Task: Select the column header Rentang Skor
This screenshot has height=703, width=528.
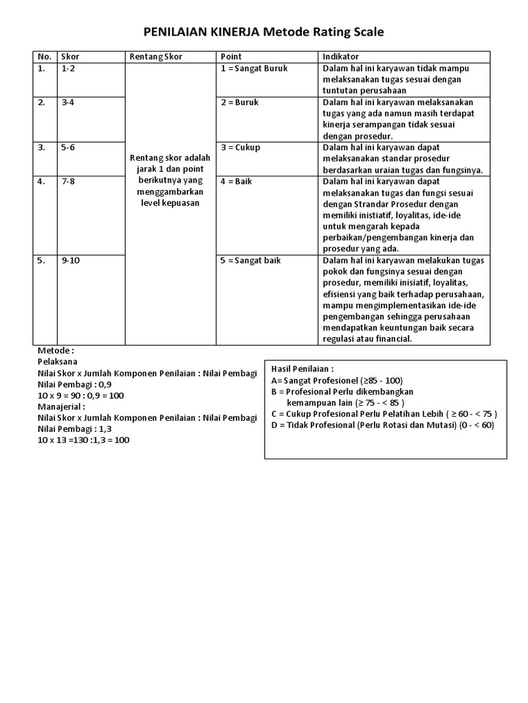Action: [156, 56]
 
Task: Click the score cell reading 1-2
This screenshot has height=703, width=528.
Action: [68, 69]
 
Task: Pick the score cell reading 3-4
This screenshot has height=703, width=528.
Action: [68, 102]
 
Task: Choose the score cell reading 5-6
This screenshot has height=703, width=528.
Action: [68, 148]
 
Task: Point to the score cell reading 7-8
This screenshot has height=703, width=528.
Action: [68, 181]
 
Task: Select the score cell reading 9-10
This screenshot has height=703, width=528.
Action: [71, 260]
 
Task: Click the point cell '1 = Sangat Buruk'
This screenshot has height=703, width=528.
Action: [254, 69]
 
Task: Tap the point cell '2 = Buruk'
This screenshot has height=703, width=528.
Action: [239, 102]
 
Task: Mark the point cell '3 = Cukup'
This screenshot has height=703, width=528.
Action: [240, 148]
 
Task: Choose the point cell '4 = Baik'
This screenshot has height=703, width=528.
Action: [236, 181]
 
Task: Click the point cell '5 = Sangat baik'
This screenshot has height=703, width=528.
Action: [250, 260]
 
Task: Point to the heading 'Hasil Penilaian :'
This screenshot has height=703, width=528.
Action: [302, 369]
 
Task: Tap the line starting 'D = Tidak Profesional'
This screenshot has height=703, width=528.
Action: [382, 424]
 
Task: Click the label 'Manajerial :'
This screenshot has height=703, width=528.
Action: [61, 406]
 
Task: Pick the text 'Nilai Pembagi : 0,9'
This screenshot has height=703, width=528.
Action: [74, 384]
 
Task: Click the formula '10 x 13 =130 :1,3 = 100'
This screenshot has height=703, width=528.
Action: [83, 439]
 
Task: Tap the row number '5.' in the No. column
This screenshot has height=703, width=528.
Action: [42, 260]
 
